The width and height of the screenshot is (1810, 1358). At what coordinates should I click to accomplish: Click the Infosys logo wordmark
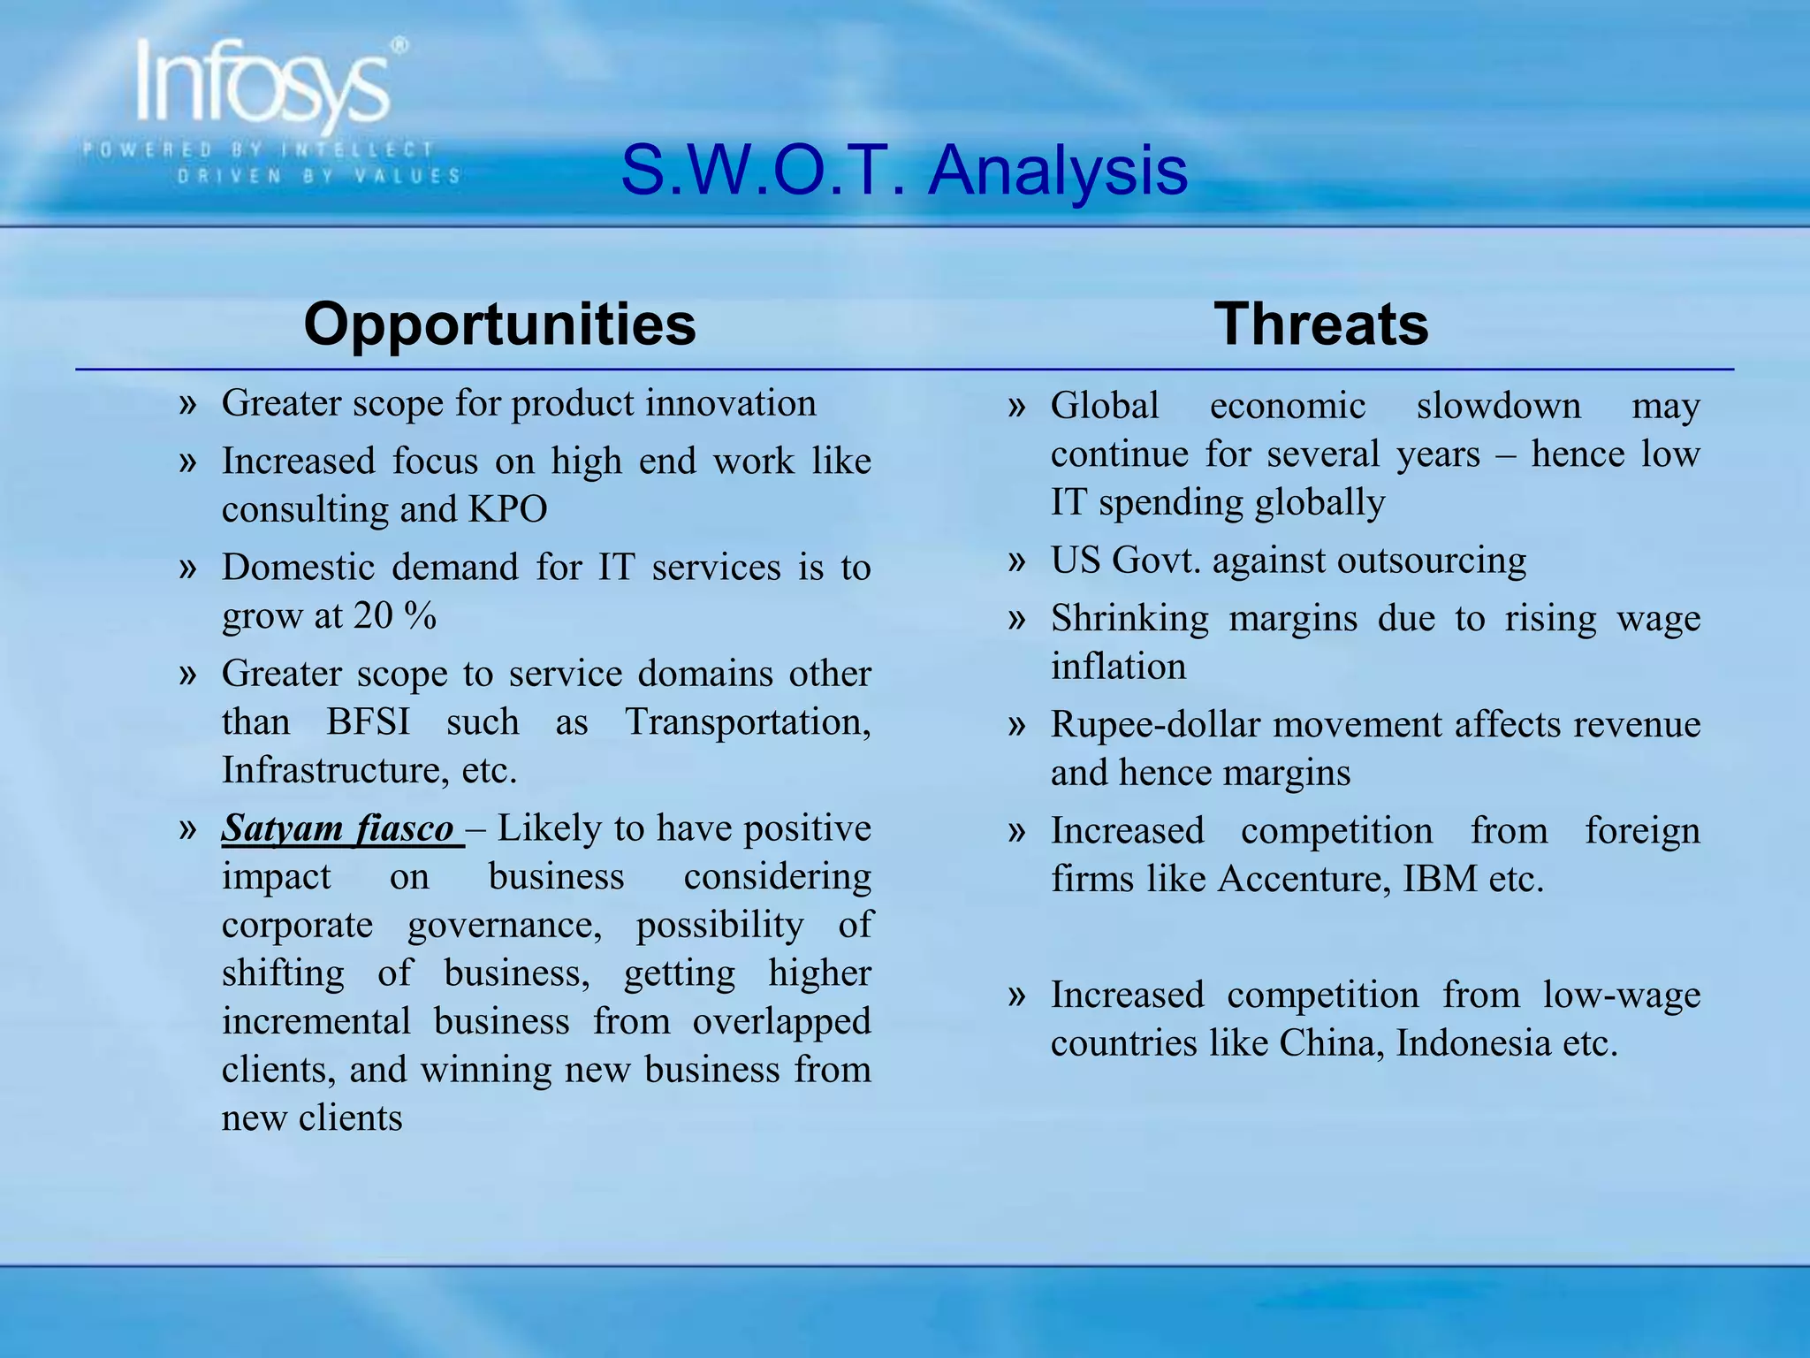(x=263, y=84)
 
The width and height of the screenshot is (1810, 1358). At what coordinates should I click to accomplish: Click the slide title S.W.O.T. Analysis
(x=903, y=170)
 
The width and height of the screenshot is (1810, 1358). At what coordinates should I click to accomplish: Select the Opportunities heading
(x=499, y=324)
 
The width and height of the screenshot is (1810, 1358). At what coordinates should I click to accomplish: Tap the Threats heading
(x=1320, y=324)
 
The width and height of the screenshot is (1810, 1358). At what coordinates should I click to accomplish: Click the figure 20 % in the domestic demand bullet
(x=395, y=616)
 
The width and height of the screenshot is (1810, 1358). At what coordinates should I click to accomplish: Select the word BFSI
(x=368, y=722)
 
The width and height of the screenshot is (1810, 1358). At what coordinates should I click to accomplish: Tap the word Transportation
(x=747, y=722)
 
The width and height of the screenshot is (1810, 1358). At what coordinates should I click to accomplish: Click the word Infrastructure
(x=332, y=771)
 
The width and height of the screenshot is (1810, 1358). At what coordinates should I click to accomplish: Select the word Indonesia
(x=1475, y=1044)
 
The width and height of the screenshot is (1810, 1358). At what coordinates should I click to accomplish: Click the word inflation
(x=1118, y=667)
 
